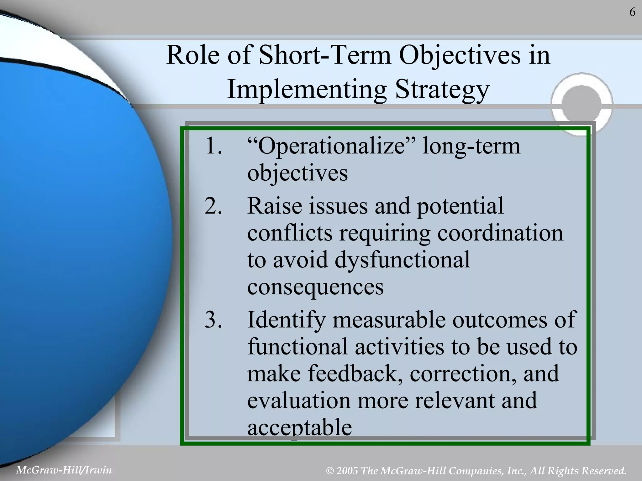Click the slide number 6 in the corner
pyautogui.click(x=632, y=12)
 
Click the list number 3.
pyautogui.click(x=213, y=320)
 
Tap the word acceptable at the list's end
pyautogui.click(x=299, y=428)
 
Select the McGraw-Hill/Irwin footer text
pyautogui.click(x=64, y=470)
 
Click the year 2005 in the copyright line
pyautogui.click(x=347, y=471)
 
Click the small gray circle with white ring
pyautogui.click(x=582, y=104)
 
